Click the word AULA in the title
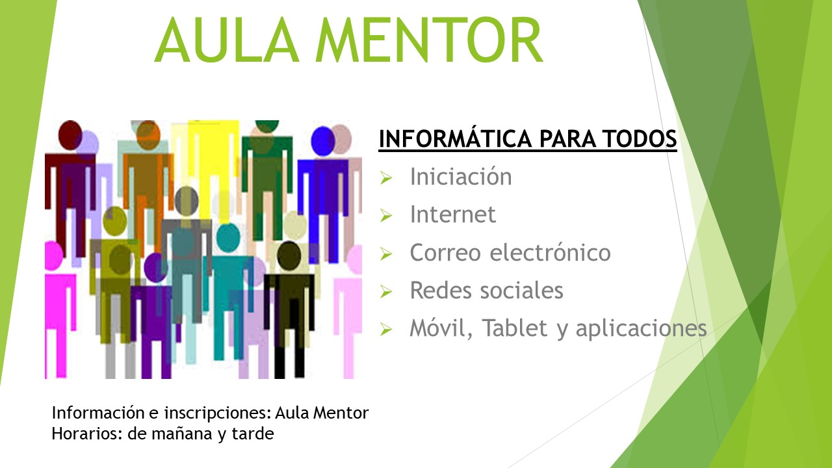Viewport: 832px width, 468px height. (x=227, y=40)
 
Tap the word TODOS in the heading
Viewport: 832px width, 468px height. (x=640, y=138)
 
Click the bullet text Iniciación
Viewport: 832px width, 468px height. (x=461, y=176)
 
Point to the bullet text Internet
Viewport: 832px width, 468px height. (x=453, y=214)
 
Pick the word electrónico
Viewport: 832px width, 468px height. (x=550, y=252)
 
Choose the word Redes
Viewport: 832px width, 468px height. (x=441, y=290)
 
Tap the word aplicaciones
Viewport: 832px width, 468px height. (x=641, y=329)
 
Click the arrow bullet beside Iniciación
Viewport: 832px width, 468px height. (x=386, y=177)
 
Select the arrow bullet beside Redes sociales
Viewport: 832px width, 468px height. (x=386, y=292)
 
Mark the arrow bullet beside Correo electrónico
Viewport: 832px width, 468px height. (x=386, y=253)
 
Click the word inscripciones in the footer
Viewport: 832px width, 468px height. (x=218, y=413)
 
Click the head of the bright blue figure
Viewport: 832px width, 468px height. (x=323, y=141)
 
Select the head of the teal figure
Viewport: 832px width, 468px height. (x=228, y=238)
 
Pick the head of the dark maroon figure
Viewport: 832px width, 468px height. (x=70, y=135)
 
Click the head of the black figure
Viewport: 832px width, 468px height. (x=289, y=256)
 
